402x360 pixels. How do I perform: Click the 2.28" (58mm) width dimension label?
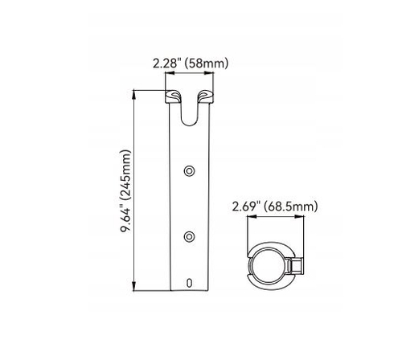pos(191,63)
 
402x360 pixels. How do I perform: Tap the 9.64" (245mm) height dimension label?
pos(125,191)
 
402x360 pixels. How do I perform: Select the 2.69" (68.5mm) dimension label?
pos(275,207)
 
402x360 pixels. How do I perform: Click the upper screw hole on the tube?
pos(189,170)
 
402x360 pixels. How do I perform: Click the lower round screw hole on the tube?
pos(189,236)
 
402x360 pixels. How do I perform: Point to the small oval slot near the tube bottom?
pos(189,283)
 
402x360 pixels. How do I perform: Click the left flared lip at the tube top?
pos(173,96)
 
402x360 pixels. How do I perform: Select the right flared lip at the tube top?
pos(206,96)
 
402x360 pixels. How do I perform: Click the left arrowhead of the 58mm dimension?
pos(170,73)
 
